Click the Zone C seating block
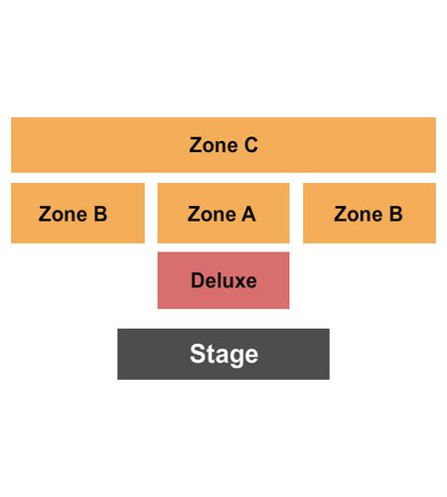tap(223, 145)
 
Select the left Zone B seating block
tap(77, 213)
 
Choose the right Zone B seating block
tap(370, 213)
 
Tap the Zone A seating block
tap(223, 213)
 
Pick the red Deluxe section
tap(223, 280)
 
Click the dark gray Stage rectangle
tap(223, 354)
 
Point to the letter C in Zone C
tap(251, 145)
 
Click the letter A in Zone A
tap(248, 214)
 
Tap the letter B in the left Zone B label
tap(100, 214)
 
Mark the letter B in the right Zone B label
tap(395, 214)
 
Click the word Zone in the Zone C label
tap(214, 145)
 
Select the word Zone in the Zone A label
tap(212, 214)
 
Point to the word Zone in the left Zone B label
tap(63, 214)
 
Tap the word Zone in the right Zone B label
tap(359, 214)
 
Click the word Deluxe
tap(223, 280)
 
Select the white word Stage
tap(224, 355)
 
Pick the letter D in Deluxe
tap(198, 280)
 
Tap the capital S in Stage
tap(197, 354)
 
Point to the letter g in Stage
tap(237, 358)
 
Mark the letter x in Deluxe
tap(237, 282)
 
